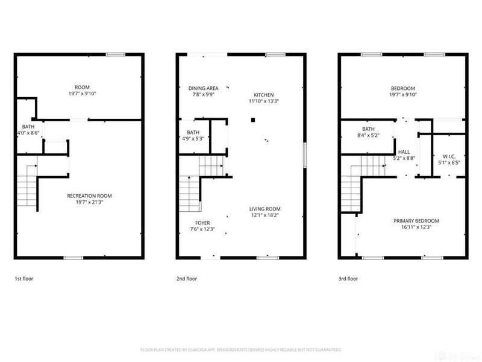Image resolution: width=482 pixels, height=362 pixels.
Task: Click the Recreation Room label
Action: coord(89,195)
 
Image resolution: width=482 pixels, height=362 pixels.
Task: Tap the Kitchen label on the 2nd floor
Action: coord(263,95)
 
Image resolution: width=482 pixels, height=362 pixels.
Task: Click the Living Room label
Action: coord(265,208)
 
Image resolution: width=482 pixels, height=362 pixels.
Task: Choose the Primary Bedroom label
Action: coord(416,221)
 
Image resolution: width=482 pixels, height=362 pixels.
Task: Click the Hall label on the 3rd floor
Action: coord(404,152)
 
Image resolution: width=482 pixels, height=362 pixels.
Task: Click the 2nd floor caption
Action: coord(187,279)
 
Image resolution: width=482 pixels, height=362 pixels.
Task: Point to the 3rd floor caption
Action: coord(348,279)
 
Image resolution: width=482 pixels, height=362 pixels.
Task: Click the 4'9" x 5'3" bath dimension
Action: coord(193,138)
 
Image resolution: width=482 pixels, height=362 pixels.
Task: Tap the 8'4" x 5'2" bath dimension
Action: coord(369,136)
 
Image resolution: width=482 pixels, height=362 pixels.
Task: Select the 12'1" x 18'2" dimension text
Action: coord(265,215)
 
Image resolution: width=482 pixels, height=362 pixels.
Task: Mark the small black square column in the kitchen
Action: coord(254,120)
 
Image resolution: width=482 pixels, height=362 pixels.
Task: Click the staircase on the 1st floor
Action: coord(27,187)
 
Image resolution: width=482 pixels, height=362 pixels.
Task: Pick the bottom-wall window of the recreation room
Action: coord(73,258)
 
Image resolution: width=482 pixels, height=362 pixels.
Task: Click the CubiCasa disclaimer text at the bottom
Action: coord(241,350)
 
